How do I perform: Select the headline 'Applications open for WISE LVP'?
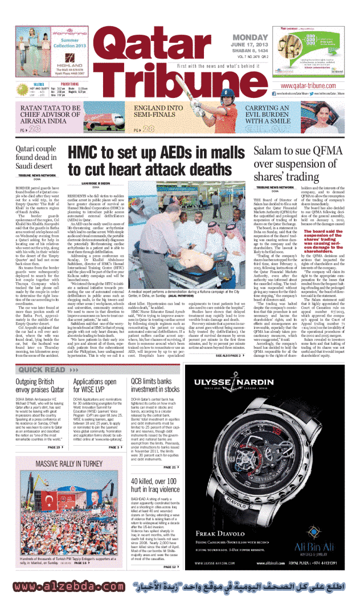(x=95, y=370)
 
